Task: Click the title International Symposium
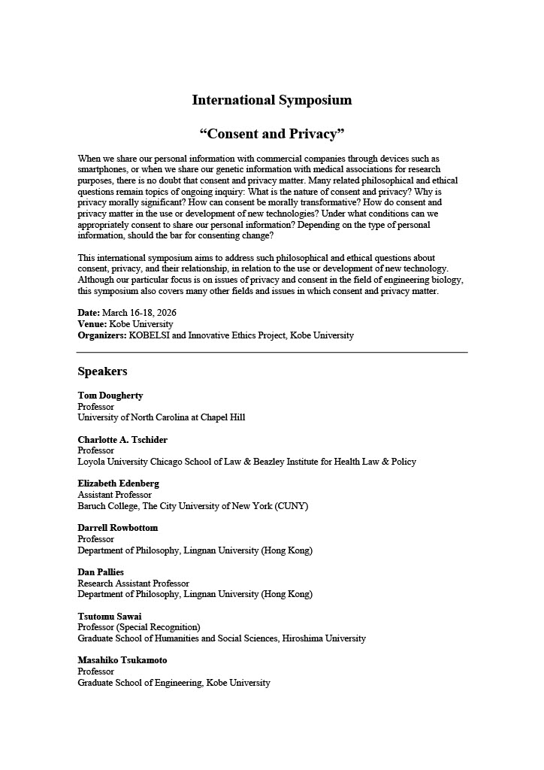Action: point(271,100)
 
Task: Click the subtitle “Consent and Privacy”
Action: point(271,134)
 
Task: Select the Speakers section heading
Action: point(102,371)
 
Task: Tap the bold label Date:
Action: point(89,313)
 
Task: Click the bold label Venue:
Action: point(92,324)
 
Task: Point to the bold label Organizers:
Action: point(102,335)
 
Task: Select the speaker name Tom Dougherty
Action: point(110,396)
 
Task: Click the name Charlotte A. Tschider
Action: point(122,440)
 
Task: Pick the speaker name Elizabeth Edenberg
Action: point(118,484)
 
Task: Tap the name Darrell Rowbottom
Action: point(117,528)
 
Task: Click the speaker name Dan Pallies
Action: point(101,572)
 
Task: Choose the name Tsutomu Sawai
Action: point(109,617)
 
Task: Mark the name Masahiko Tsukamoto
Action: point(122,660)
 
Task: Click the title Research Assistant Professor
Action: point(133,584)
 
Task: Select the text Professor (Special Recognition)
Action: point(139,627)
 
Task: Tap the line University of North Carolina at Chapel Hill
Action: point(161,417)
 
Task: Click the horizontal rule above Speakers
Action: point(272,352)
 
